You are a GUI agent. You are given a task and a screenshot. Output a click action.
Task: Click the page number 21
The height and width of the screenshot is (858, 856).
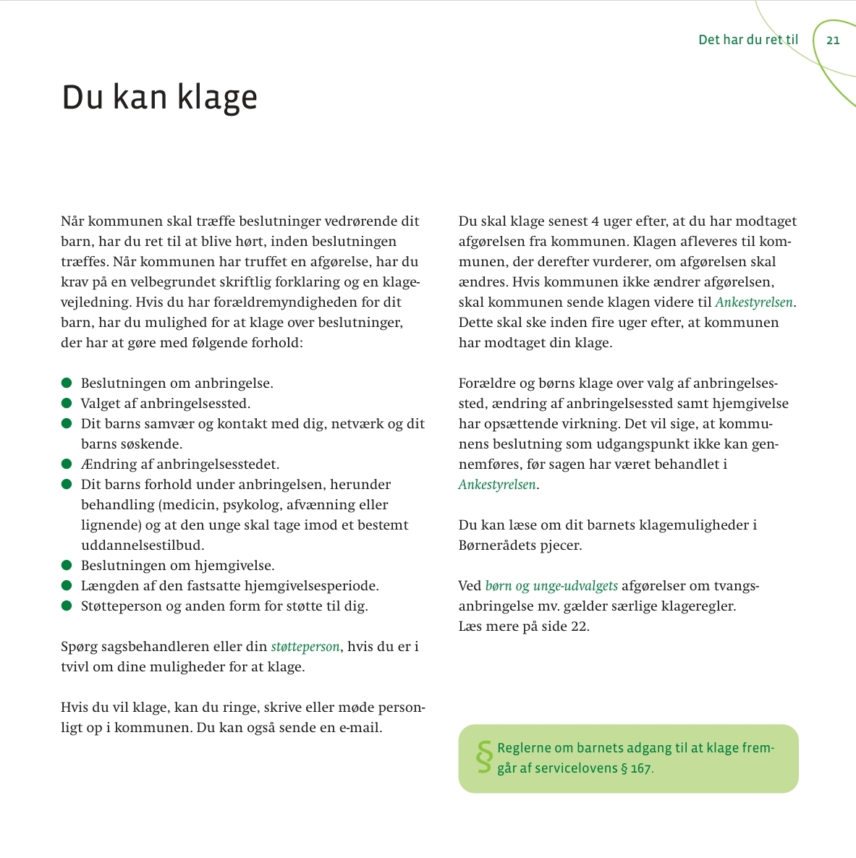833,40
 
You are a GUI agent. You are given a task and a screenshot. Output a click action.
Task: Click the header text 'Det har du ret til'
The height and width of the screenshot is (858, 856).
748,40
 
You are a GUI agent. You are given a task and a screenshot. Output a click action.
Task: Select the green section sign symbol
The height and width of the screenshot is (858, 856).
483,757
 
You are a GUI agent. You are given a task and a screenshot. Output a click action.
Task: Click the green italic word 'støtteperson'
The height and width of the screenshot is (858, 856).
305,647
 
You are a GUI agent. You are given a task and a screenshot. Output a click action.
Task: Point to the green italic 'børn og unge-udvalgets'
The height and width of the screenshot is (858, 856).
551,586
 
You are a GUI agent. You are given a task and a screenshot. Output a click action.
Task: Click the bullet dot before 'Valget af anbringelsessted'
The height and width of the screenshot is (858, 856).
67,403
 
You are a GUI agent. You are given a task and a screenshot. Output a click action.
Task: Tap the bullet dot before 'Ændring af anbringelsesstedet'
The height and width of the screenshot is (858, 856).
67,464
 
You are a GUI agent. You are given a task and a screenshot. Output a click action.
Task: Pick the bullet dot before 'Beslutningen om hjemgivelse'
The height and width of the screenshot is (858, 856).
67,565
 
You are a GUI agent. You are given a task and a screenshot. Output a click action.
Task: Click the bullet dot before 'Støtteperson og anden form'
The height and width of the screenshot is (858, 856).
67,606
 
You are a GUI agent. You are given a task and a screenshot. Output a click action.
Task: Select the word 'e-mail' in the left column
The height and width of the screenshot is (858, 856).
360,728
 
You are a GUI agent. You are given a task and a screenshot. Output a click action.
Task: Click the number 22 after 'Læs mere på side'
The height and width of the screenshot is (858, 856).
579,626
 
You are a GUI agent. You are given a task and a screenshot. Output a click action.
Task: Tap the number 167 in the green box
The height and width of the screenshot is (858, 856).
640,768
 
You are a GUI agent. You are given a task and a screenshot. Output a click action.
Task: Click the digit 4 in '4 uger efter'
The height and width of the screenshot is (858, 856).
595,221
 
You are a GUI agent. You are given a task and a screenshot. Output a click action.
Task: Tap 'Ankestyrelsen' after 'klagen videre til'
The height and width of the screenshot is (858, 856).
754,302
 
